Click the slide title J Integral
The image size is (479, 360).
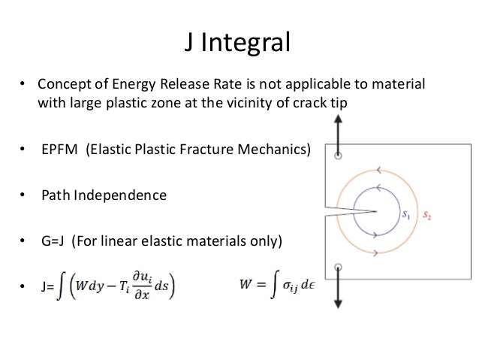(x=238, y=43)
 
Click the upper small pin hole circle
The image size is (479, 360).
(x=338, y=157)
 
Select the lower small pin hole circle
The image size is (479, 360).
(x=338, y=267)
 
